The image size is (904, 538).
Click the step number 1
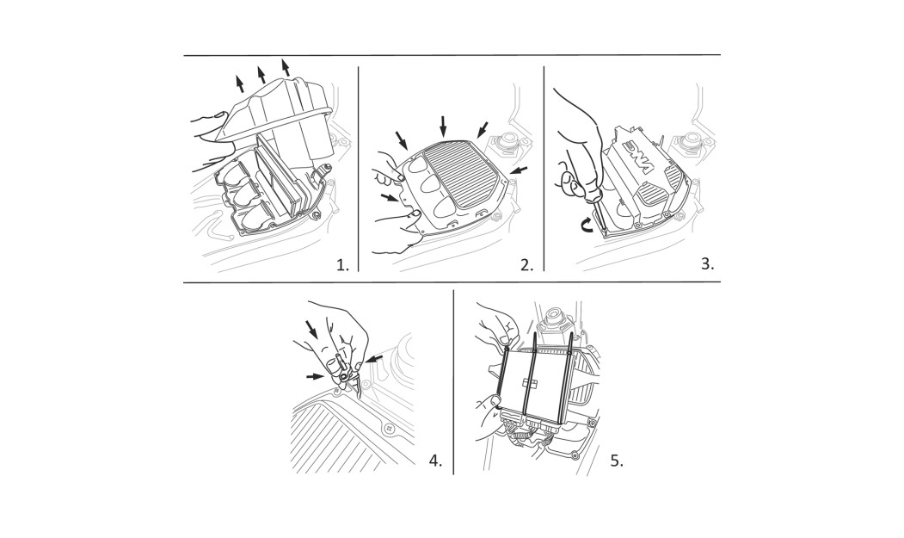(343, 265)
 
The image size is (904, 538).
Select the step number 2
(527, 265)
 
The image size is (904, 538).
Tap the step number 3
(707, 263)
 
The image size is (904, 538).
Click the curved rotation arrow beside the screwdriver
(586, 226)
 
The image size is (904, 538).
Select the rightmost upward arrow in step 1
(285, 67)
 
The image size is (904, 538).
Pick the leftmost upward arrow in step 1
(239, 83)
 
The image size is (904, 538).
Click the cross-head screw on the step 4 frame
(390, 429)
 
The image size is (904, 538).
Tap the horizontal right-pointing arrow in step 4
(314, 376)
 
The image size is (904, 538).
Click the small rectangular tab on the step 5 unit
(529, 382)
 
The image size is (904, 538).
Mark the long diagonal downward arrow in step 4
(312, 330)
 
